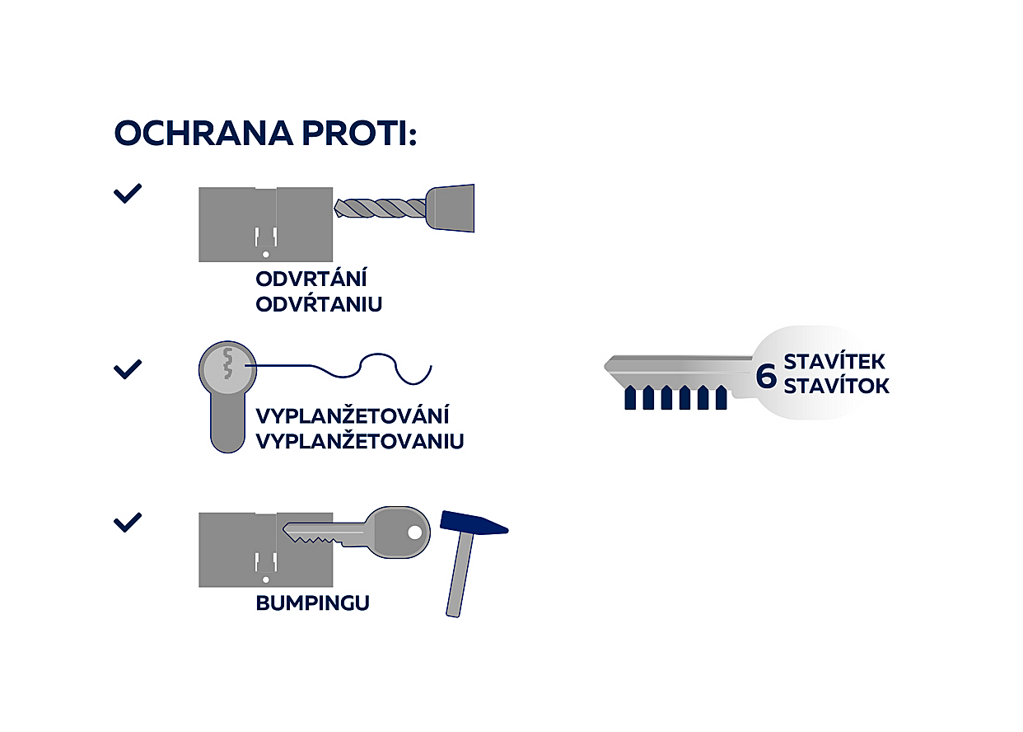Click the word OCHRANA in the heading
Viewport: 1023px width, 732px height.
[203, 134]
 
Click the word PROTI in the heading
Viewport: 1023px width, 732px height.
[359, 134]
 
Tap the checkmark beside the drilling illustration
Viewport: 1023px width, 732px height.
[128, 193]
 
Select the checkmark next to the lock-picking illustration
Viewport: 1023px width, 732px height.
[128, 369]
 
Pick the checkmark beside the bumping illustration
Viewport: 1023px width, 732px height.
[128, 523]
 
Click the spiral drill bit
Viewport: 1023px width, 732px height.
[380, 209]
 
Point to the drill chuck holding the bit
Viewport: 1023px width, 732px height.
[451, 208]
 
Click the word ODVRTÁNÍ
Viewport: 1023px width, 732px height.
[311, 279]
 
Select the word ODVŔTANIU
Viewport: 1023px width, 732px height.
[319, 303]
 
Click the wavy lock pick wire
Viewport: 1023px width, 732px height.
[339, 368]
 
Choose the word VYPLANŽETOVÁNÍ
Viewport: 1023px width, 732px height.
[352, 415]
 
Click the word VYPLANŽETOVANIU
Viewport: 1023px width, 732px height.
[360, 441]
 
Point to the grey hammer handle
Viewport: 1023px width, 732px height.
[460, 575]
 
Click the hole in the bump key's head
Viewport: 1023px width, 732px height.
[415, 533]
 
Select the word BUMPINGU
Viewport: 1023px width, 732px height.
[312, 603]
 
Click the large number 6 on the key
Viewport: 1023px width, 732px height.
[766, 376]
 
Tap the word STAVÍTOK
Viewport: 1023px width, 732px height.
[837, 386]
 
